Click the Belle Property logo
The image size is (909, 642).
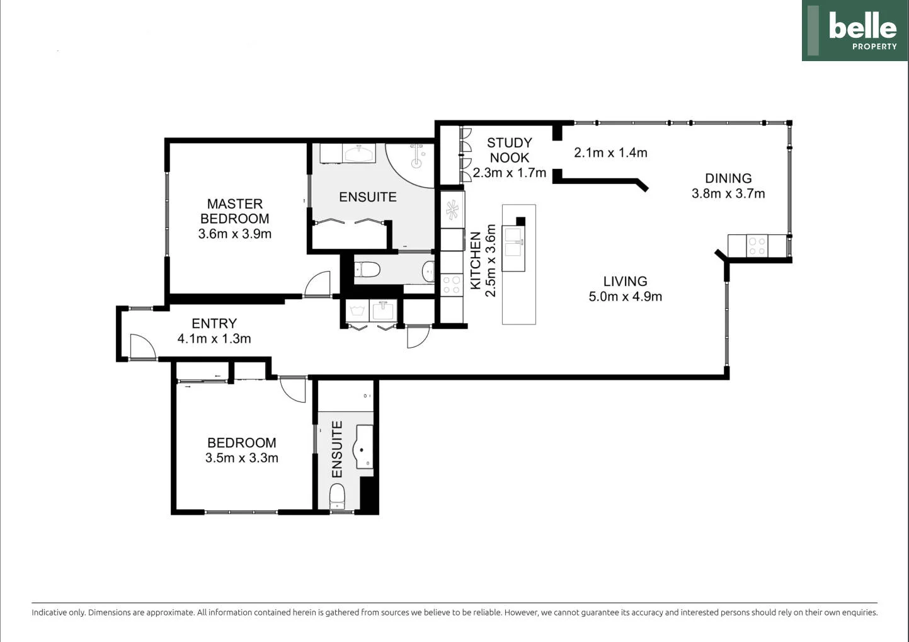tap(855, 30)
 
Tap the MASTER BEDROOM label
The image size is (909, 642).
tap(234, 211)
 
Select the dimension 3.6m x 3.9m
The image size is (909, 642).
tap(234, 234)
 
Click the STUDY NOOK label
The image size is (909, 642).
tap(509, 150)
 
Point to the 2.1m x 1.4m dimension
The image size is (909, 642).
tap(610, 152)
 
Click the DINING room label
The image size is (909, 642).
tap(728, 178)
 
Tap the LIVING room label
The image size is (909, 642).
tap(625, 281)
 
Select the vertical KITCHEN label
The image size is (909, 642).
tap(476, 261)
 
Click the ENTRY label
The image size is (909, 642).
tap(214, 323)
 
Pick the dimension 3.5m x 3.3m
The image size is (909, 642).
tap(241, 458)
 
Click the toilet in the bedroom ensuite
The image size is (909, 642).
tap(337, 496)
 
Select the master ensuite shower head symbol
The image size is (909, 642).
tap(416, 156)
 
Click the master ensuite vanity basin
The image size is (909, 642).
tap(358, 153)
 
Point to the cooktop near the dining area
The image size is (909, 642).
tap(757, 246)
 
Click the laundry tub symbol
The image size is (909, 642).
tap(357, 311)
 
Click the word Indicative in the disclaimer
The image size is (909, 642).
tap(49, 612)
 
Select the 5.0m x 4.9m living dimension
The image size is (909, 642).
tap(625, 297)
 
